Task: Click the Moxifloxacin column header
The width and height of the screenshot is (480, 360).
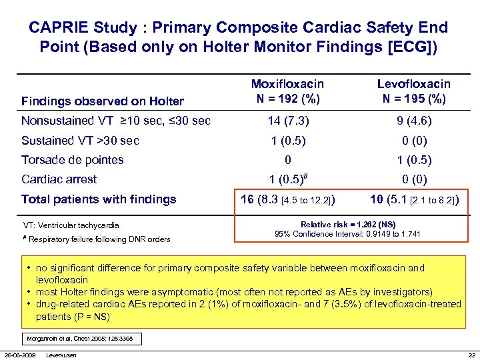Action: pos(287,92)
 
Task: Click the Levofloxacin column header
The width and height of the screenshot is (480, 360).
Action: pos(413,92)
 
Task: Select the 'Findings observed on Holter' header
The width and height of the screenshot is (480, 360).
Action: pos(103,101)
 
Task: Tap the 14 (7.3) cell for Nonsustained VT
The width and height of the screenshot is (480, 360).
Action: pos(287,121)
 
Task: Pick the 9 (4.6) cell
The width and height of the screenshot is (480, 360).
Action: pos(413,121)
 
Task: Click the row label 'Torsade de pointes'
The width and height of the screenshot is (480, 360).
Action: pos(73,159)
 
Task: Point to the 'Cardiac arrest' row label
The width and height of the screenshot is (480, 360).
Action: pos(59,179)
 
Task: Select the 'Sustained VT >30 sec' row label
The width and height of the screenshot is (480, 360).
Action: pos(81,140)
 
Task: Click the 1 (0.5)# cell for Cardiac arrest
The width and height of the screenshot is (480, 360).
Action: pos(287,179)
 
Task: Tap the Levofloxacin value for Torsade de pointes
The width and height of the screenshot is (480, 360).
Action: pos(413,159)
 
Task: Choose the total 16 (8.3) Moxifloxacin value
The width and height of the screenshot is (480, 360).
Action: pos(287,199)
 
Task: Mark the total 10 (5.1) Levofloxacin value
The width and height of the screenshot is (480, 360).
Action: pos(413,199)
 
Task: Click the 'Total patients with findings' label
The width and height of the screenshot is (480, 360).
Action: pos(99,199)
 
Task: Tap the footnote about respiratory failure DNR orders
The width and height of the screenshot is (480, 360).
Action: pos(96,239)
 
